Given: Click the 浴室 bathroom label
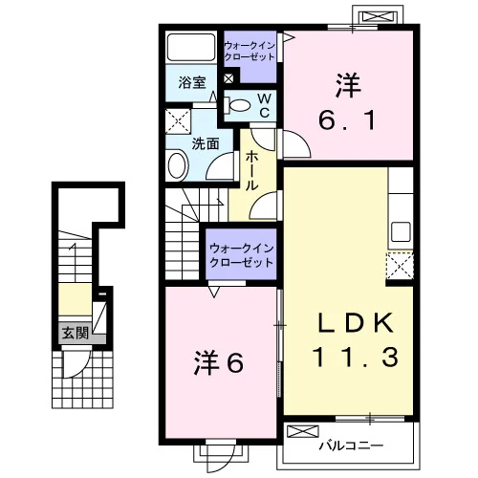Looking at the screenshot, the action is pyautogui.click(x=192, y=82).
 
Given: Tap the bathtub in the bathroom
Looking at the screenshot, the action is pyautogui.click(x=191, y=47).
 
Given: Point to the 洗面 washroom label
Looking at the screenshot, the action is pyautogui.click(x=206, y=144).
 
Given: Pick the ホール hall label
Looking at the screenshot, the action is pyautogui.click(x=251, y=171).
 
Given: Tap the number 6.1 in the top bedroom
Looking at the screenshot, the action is pyautogui.click(x=347, y=120).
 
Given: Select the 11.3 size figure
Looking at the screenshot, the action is pyautogui.click(x=356, y=357).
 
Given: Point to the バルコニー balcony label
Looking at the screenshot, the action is pyautogui.click(x=351, y=445).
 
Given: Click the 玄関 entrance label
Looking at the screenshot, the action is pyautogui.click(x=76, y=334).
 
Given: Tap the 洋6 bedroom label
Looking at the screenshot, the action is pyautogui.click(x=219, y=362).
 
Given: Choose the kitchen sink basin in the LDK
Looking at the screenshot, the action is pyautogui.click(x=401, y=232).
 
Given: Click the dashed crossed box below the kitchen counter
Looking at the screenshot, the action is pyautogui.click(x=400, y=265).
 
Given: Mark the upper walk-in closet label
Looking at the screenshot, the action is pyautogui.click(x=250, y=52).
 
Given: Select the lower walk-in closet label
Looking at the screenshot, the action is pyautogui.click(x=241, y=255).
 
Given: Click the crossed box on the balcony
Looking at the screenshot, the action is pyautogui.click(x=303, y=431).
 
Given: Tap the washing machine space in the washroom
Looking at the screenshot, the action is pyautogui.click(x=178, y=121).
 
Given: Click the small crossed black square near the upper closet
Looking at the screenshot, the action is pyautogui.click(x=228, y=78).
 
